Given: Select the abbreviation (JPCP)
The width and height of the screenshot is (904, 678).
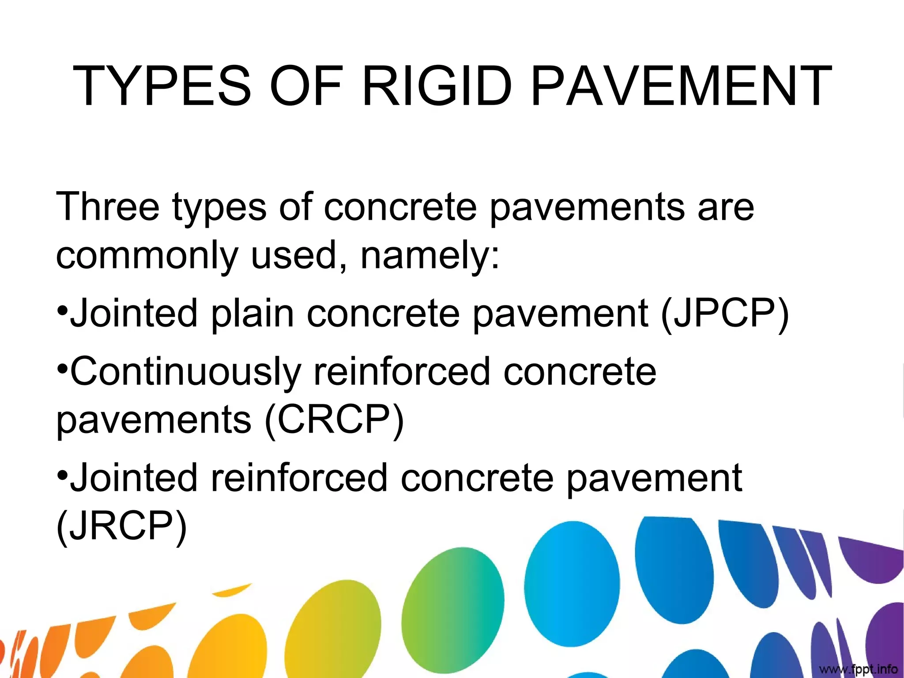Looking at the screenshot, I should point(724,313).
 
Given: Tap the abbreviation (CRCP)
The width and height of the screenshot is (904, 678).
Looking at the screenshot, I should point(334,419).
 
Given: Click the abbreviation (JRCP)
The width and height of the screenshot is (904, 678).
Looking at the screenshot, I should point(121,526).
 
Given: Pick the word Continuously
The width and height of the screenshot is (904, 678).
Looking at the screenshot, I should point(185,372).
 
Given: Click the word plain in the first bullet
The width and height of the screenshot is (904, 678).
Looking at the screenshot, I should point(252,314).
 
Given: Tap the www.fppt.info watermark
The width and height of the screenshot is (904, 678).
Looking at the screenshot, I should point(858,669).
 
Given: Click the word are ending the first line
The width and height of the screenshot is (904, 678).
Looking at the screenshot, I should point(726,207).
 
